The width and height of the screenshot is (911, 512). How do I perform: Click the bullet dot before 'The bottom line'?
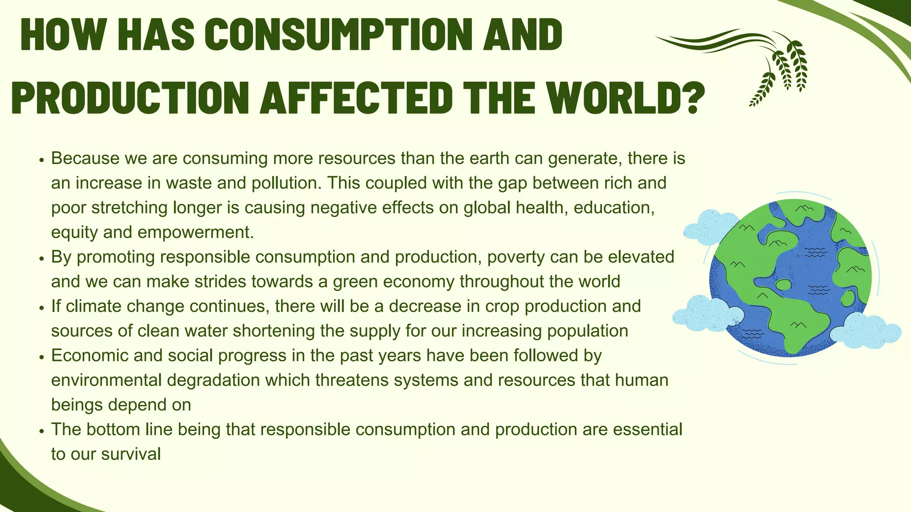tap(42, 431)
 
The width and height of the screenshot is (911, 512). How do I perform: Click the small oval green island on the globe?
tap(783, 284)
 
